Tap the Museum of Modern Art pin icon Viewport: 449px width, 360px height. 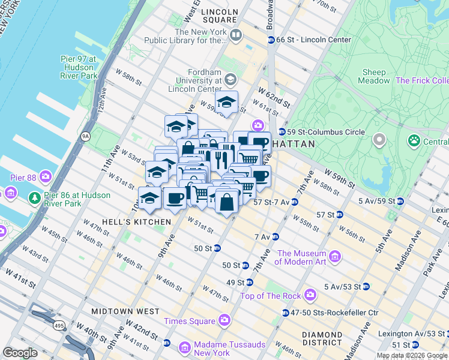(334, 257)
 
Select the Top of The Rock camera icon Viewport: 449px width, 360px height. (310, 295)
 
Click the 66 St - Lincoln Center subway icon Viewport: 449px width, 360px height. (271, 40)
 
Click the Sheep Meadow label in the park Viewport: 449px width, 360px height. (373, 76)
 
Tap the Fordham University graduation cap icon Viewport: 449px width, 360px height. (230, 80)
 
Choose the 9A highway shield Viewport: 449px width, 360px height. (86, 136)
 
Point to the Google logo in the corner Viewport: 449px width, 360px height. (20, 353)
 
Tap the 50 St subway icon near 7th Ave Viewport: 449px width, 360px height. (245, 265)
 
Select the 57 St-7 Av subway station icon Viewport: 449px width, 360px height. (294, 202)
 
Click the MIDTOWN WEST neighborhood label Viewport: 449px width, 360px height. (125, 311)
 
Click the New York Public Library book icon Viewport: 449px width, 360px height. (235, 35)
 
